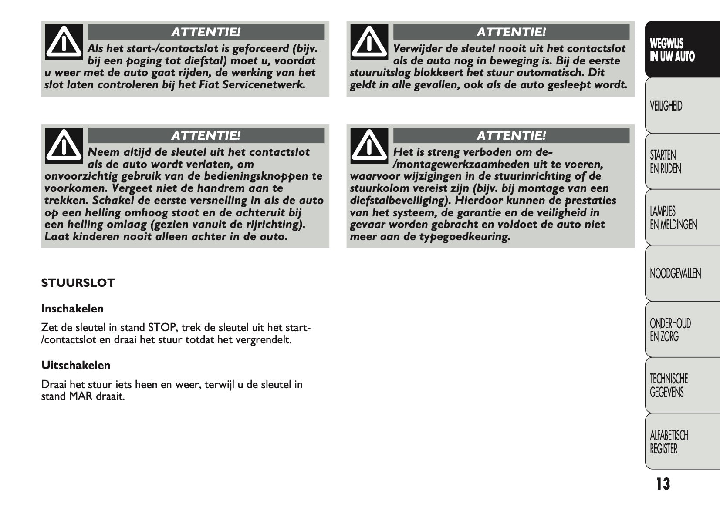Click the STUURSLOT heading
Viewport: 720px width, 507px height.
coord(78,283)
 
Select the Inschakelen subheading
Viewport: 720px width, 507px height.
coord(72,309)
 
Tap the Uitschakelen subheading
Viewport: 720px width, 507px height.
coord(76,365)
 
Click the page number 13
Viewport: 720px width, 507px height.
coord(663,484)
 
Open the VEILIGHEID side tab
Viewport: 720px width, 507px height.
coord(666,106)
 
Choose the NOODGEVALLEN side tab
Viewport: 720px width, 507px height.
coord(675,273)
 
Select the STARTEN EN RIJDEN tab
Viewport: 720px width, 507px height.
coord(665,162)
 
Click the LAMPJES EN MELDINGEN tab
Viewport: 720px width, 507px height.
coord(673,218)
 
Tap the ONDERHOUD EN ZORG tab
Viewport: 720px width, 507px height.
coord(670,330)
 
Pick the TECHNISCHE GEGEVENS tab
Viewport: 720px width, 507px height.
coord(669,386)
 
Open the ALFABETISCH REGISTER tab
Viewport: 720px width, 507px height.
coord(669,442)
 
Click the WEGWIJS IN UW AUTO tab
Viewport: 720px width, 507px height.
coord(672,50)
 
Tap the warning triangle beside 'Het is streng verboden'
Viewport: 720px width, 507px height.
coord(369,145)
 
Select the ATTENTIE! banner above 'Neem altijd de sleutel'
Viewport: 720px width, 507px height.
coord(206,136)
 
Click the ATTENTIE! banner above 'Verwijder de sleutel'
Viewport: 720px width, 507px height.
coord(511,32)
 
